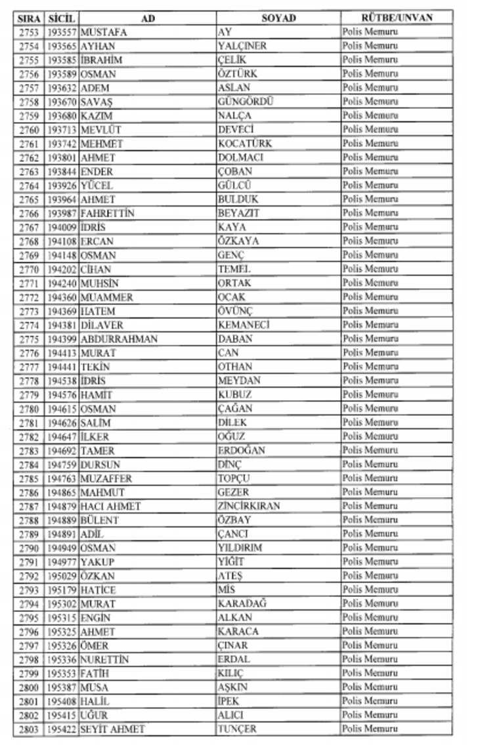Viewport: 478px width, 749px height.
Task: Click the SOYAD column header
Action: click(x=278, y=18)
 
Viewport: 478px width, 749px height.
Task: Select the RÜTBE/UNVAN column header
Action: click(x=397, y=18)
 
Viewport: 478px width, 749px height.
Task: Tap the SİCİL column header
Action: click(x=62, y=18)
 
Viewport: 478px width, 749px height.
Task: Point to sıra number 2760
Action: click(x=29, y=129)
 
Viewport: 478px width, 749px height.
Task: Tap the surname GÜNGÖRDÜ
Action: click(x=245, y=102)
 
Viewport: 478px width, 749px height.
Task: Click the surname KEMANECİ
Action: click(x=244, y=325)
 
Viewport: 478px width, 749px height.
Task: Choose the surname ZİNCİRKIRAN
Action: click(x=249, y=506)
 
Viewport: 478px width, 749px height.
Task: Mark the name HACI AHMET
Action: click(x=110, y=506)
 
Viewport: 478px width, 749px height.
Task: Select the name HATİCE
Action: click(x=98, y=590)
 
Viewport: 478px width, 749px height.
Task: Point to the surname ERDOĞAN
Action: click(x=241, y=451)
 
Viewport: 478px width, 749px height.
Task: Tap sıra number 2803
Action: click(x=29, y=729)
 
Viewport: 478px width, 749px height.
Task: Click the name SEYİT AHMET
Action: click(x=112, y=729)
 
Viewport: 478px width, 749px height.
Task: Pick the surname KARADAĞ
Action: click(x=242, y=603)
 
